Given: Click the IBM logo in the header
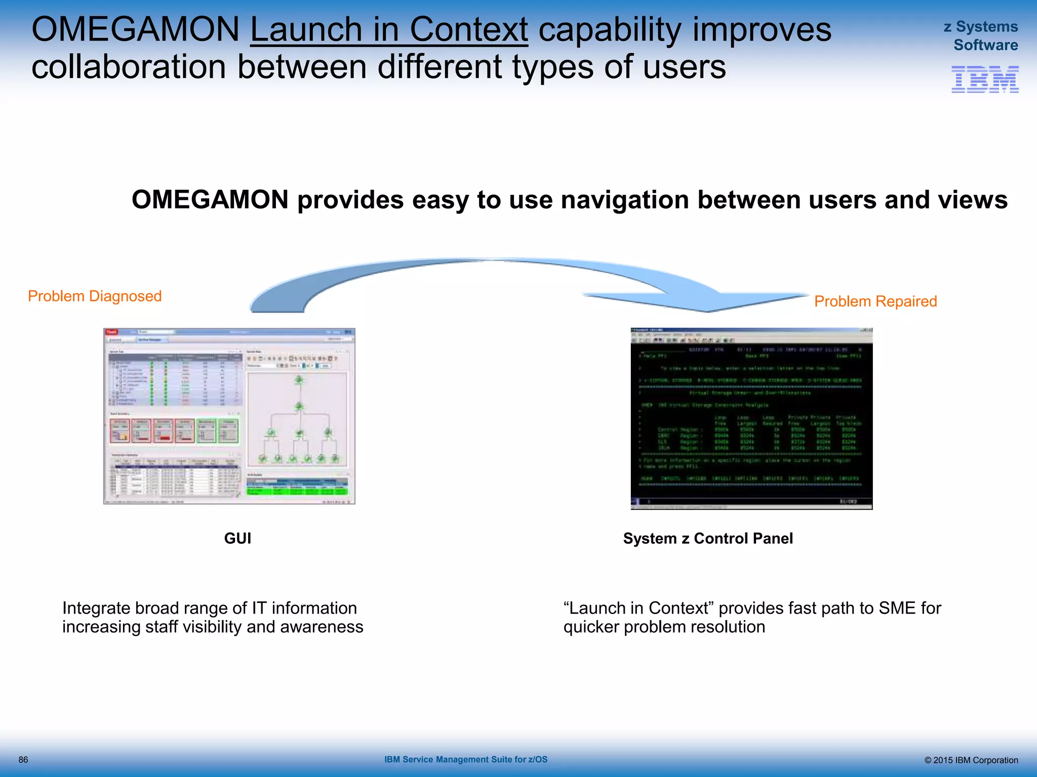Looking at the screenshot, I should (x=984, y=79).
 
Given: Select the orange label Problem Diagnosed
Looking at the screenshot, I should (x=95, y=296).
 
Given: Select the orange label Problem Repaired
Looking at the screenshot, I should (x=875, y=301).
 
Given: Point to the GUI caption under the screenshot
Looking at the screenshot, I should (x=237, y=538).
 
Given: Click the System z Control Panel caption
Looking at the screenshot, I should (x=707, y=538).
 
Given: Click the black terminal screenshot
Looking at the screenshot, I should (x=751, y=419).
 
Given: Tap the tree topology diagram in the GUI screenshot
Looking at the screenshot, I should (x=298, y=420).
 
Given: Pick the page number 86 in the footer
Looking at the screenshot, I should (x=23, y=760).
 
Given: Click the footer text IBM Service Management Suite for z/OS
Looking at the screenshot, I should (x=465, y=759).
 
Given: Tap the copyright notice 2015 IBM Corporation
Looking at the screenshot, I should (x=971, y=760).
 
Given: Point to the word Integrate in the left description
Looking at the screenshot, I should (x=96, y=608).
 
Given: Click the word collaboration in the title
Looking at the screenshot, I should (x=129, y=67).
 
